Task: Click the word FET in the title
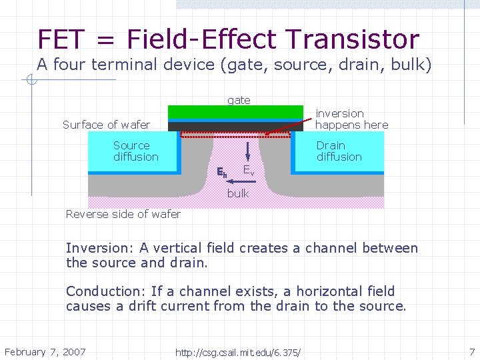[62, 39]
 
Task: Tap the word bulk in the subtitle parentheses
[409, 65]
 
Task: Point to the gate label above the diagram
[239, 100]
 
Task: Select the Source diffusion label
[135, 151]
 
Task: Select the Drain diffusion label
[339, 151]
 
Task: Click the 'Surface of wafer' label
[106, 125]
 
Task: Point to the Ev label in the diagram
[248, 171]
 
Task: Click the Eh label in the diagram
[222, 172]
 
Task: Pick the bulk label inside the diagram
[238, 193]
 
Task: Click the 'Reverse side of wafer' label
[123, 214]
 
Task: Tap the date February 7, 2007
[45, 351]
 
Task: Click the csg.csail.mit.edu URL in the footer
[238, 352]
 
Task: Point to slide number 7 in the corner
[471, 351]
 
